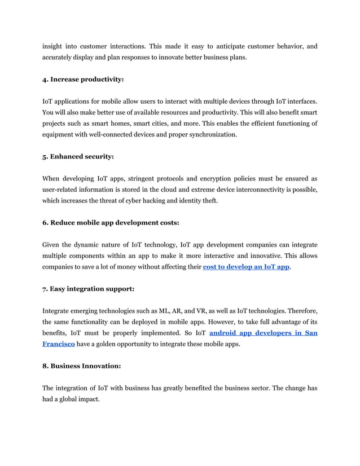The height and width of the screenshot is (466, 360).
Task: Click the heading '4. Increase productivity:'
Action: tap(83, 80)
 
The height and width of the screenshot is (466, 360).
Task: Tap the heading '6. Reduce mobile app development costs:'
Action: tap(111, 222)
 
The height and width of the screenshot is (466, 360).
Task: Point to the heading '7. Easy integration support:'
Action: tap(88, 289)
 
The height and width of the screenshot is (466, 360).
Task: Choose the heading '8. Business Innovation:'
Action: tap(81, 366)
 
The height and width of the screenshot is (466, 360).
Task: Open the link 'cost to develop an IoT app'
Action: tap(246, 267)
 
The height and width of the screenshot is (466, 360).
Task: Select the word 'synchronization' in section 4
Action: tap(210, 135)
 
